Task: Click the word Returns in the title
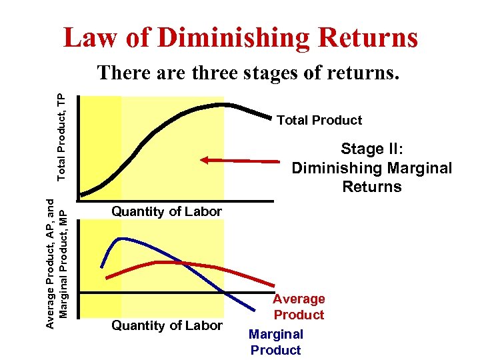(x=373, y=38)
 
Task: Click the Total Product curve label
(x=319, y=120)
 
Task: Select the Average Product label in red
(x=299, y=307)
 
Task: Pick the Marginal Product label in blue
(x=276, y=342)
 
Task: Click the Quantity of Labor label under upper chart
(x=167, y=211)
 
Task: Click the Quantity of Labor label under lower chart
(x=167, y=325)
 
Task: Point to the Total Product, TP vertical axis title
(x=61, y=137)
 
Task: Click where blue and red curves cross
(x=181, y=263)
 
